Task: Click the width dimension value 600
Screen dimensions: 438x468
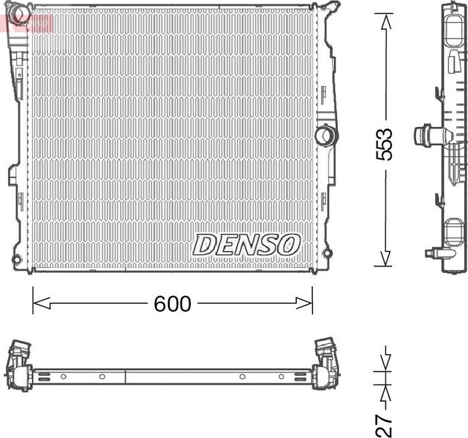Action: pyautogui.click(x=173, y=304)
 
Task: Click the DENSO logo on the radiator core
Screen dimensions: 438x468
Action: pyautogui.click(x=246, y=245)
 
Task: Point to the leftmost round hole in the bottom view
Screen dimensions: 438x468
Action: pyautogui.click(x=63, y=377)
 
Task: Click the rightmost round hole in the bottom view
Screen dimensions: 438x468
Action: pyautogui.click(x=282, y=377)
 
